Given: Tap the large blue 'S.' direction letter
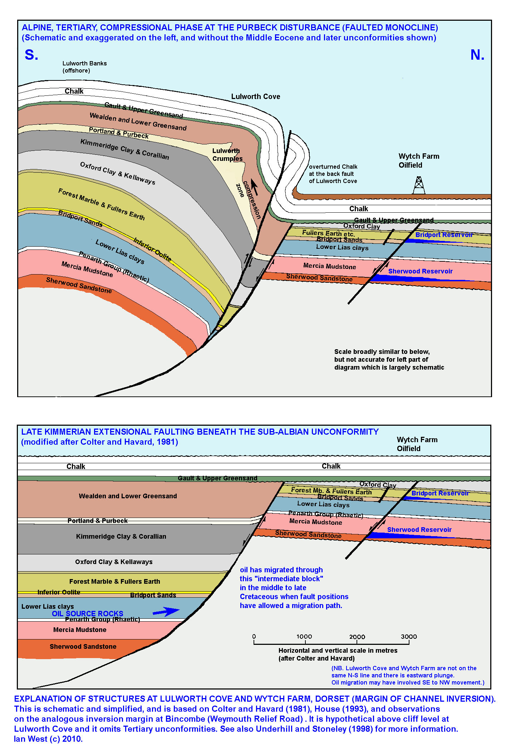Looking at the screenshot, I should tap(31, 55).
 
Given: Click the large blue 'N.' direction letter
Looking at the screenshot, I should tap(477, 55).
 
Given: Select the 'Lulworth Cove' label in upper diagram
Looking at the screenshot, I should tap(255, 97).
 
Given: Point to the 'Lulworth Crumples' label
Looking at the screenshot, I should tap(227, 155).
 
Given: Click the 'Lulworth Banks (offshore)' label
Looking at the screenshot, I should tap(84, 67).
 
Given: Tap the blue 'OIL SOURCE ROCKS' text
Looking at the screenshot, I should tap(88, 613).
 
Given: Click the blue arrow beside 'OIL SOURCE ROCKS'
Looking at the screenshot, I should tap(166, 612).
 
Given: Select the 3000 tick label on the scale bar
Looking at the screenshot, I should tap(409, 637).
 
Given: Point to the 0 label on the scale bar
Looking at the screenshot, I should tap(254, 637).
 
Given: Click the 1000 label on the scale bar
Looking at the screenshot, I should tap(304, 637).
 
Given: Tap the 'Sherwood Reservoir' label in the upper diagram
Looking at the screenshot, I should tap(420, 271).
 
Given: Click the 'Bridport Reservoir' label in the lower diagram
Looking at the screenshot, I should tap(440, 493).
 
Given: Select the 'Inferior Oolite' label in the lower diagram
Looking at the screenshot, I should tap(59, 592).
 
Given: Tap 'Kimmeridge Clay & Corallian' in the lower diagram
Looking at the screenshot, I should tap(121, 536).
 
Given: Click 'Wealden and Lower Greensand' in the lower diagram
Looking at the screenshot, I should tap(128, 496).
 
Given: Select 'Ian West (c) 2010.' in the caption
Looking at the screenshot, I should tap(48, 739).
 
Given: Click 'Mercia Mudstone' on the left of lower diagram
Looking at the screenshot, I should tap(80, 629).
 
